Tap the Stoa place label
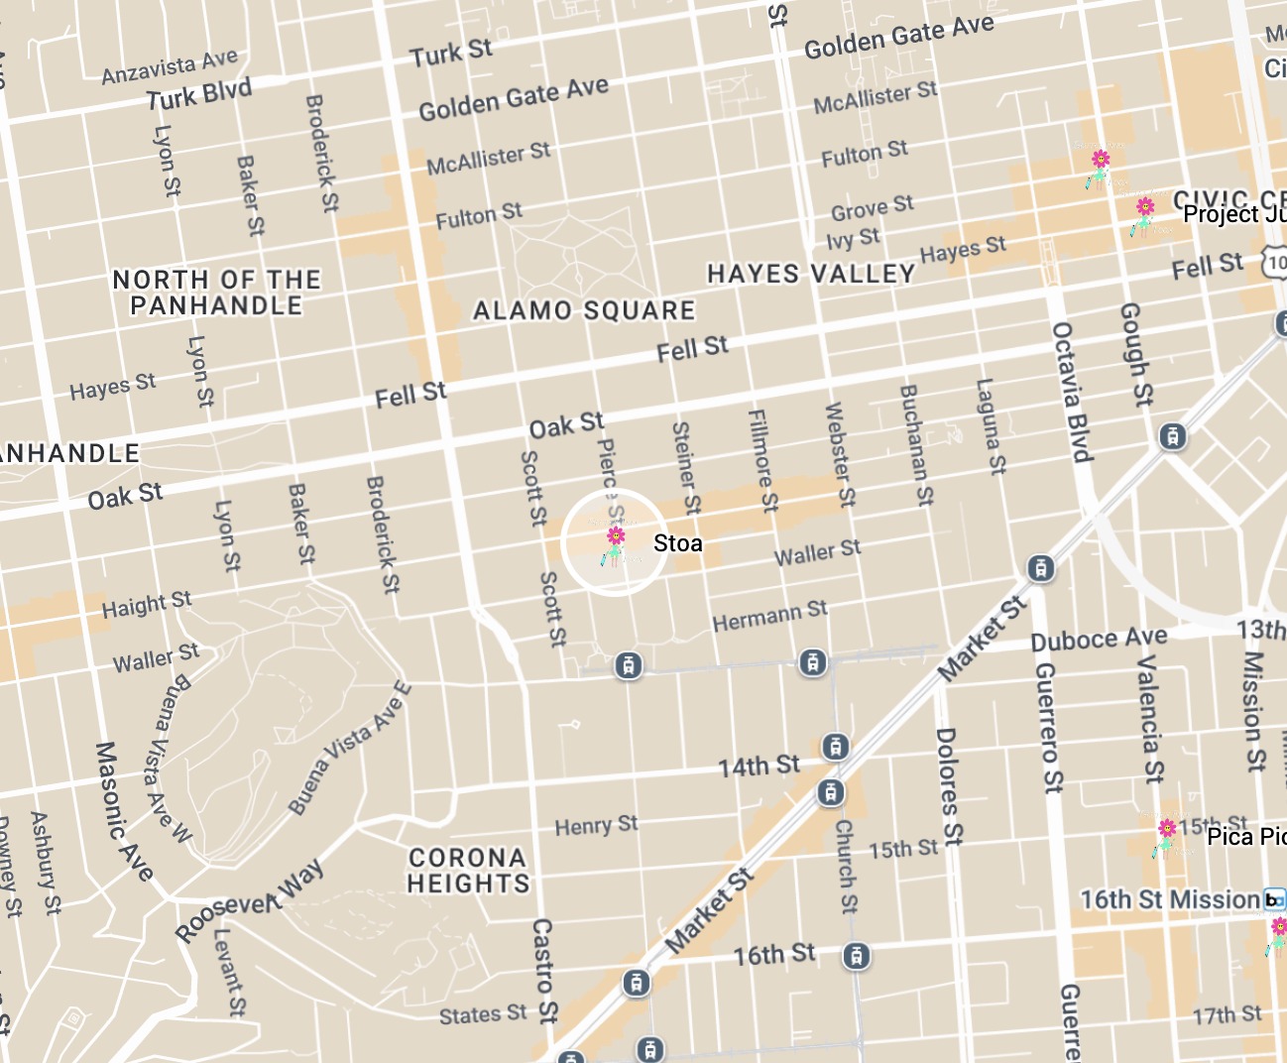pyautogui.click(x=678, y=543)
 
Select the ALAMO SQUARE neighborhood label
pyautogui.click(x=584, y=311)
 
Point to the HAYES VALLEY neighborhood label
pyautogui.click(x=811, y=274)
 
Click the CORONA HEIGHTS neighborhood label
pyautogui.click(x=468, y=871)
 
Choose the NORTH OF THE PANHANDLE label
pyautogui.click(x=216, y=293)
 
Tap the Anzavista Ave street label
pyautogui.click(x=170, y=67)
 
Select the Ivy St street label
pyautogui.click(x=853, y=239)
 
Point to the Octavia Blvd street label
pyautogui.click(x=1071, y=392)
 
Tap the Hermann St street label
pyautogui.click(x=769, y=616)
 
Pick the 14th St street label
pyautogui.click(x=759, y=767)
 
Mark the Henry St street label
pyautogui.click(x=596, y=825)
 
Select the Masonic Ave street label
pyautogui.click(x=124, y=811)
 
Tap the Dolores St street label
pyautogui.click(x=948, y=786)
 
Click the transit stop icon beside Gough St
pyautogui.click(x=1173, y=436)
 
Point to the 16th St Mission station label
pyautogui.click(x=1170, y=899)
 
